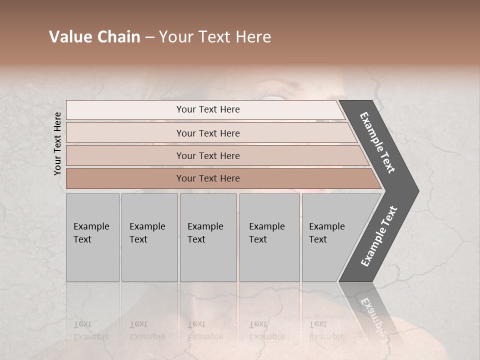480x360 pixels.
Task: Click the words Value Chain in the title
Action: [94, 37]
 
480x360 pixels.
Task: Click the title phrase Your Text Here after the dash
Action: [215, 37]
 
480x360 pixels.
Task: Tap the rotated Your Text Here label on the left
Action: [57, 143]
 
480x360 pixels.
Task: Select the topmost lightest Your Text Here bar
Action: [208, 109]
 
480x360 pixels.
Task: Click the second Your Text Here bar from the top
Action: [208, 133]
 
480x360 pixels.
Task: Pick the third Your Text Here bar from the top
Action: [208, 155]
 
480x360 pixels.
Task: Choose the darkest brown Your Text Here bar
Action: [208, 178]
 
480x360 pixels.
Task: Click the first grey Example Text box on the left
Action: [92, 237]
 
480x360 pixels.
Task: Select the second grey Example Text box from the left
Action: [149, 237]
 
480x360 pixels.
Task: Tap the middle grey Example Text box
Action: [208, 237]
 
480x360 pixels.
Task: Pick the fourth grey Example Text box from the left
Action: [269, 237]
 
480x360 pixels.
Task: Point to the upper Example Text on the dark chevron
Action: [378, 143]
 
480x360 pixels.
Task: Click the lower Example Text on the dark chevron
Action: [378, 236]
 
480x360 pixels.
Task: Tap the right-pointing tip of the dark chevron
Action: [416, 190]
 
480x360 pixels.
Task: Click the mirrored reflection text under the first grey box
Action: [91, 330]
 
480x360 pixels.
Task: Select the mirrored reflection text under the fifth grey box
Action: [326, 330]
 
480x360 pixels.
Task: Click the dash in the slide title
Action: [149, 37]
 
